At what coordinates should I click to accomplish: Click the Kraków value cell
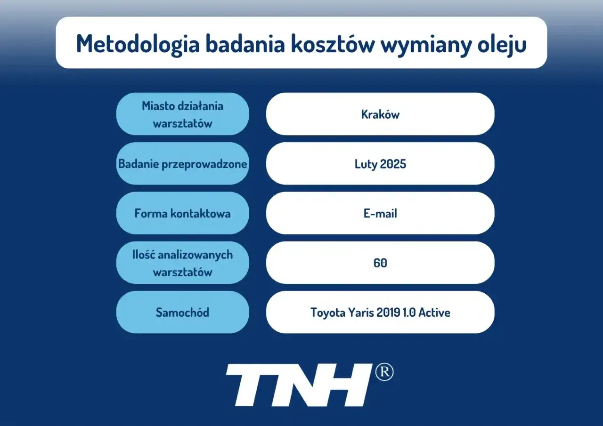(380, 114)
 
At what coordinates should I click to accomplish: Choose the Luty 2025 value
(380, 164)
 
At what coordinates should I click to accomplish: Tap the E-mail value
(380, 213)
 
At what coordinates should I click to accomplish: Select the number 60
(380, 263)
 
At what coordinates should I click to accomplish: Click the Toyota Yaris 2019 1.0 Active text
(380, 313)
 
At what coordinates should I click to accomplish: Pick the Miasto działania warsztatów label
(182, 114)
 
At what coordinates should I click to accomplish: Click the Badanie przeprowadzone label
(182, 164)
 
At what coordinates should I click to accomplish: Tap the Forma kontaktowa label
(182, 213)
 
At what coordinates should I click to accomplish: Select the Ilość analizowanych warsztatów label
(182, 263)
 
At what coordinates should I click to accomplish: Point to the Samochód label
(182, 313)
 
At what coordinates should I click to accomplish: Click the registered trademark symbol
(384, 373)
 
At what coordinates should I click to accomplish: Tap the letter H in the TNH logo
(342, 385)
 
